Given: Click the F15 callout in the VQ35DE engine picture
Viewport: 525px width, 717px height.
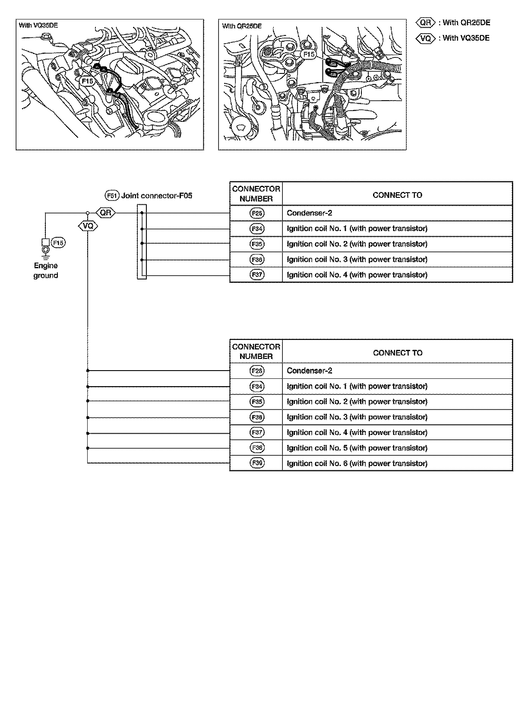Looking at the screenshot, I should [87, 81].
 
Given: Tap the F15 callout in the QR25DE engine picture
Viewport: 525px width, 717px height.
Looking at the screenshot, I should [309, 54].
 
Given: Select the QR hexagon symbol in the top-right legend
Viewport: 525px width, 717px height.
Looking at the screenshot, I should [426, 22].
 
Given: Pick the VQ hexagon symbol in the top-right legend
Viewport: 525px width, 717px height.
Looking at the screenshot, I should [426, 38].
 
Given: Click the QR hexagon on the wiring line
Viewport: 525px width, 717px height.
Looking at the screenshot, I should [105, 213].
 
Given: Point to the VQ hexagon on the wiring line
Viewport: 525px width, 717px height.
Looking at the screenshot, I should [88, 226].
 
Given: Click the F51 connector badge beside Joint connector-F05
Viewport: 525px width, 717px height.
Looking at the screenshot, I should [112, 196].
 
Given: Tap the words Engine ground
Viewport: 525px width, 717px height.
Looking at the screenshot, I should [46, 270].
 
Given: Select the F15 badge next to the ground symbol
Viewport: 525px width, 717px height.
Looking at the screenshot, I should [58, 243].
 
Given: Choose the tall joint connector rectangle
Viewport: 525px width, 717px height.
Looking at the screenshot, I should [142, 242].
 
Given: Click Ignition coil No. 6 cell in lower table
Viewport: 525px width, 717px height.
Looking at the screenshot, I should [357, 463].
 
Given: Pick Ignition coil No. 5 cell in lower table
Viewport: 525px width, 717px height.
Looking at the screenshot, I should [357, 448].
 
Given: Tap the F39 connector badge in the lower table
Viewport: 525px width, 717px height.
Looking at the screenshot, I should [257, 463].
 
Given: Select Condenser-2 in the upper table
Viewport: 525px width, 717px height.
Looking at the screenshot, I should [309, 213].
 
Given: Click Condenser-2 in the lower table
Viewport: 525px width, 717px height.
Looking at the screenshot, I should [309, 371].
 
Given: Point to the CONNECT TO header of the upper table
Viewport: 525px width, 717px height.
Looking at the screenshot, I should [397, 195].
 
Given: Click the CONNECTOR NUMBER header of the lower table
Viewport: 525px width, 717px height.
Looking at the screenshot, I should [256, 351].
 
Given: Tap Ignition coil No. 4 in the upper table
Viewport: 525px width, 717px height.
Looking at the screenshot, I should [357, 275].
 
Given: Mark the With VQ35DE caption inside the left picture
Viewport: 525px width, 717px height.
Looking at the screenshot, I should [38, 25].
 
